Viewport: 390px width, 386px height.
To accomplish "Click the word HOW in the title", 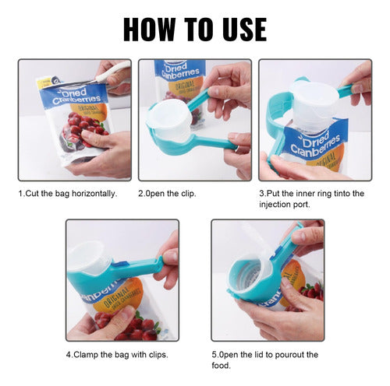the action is pyautogui.click(x=149, y=30).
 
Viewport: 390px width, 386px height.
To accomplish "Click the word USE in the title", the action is pyautogui.click(x=241, y=30).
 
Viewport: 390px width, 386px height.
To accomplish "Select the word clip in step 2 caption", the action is pyautogui.click(x=188, y=194).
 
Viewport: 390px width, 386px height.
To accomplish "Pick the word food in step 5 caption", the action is pyautogui.click(x=221, y=366).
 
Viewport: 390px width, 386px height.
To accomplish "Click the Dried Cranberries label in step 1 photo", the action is pyautogui.click(x=75, y=95).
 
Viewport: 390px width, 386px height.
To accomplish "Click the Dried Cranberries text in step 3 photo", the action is pyautogui.click(x=315, y=146).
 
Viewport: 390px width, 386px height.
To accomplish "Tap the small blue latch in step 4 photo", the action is pyautogui.click(x=119, y=265).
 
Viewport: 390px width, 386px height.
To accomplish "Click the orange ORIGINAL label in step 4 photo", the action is pyautogui.click(x=119, y=296).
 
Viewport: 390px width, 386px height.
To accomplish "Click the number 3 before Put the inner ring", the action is pyautogui.click(x=261, y=194).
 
